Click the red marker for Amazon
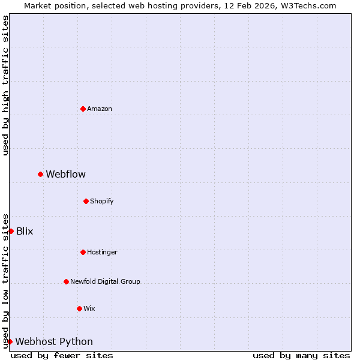[x=83, y=109]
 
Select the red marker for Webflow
[x=40, y=174]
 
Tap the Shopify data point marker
[x=86, y=201]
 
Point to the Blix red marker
[x=11, y=231]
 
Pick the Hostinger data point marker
[x=83, y=252]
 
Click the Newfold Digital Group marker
[x=66, y=281]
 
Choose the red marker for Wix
[x=79, y=308]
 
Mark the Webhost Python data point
[x=10, y=341]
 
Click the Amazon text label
[x=100, y=109]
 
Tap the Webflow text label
[x=66, y=174]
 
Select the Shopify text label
[x=102, y=201]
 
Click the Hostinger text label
[x=102, y=252]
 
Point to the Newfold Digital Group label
[x=105, y=281]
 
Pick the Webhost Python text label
[x=54, y=341]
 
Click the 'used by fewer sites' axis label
[x=62, y=355]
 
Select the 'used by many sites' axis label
[x=301, y=355]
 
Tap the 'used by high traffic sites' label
[x=5, y=85]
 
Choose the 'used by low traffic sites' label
[x=5, y=280]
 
